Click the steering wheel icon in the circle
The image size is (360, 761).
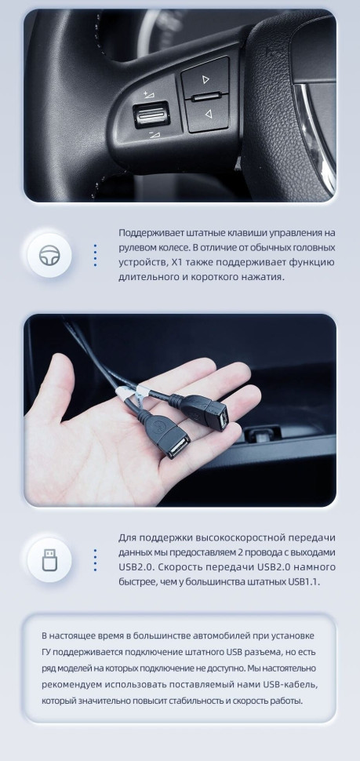[49, 255]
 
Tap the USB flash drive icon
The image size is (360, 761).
[49, 559]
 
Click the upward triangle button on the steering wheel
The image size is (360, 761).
[205, 79]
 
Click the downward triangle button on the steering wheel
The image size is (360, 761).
[209, 115]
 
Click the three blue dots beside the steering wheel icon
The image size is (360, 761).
[95, 255]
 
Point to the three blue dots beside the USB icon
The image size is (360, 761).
[95, 559]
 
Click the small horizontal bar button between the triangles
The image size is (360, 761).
[205, 97]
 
